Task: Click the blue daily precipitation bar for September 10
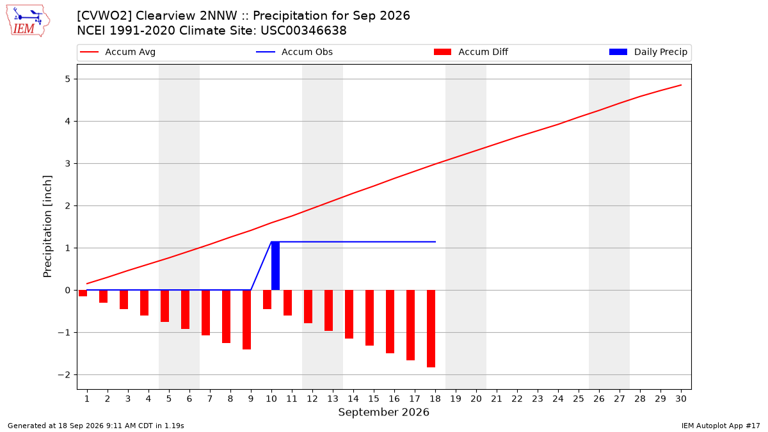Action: [x=275, y=266]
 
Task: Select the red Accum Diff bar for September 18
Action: [x=431, y=328]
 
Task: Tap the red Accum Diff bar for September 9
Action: [x=246, y=319]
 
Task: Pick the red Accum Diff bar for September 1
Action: [x=83, y=293]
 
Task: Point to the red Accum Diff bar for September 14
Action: [x=349, y=314]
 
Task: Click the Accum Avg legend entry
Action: [x=118, y=52]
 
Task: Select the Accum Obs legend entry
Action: [x=294, y=52]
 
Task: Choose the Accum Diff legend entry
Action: [x=471, y=52]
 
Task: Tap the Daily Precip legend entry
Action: [x=648, y=52]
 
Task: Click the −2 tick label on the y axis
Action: [x=64, y=375]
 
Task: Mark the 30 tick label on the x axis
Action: [x=681, y=399]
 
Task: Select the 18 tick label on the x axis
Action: [x=435, y=399]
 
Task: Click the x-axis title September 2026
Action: [x=383, y=412]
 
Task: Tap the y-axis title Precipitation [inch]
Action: [x=47, y=227]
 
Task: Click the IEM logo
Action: [x=28, y=21]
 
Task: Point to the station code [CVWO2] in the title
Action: [x=104, y=16]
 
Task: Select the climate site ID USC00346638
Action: [x=303, y=31]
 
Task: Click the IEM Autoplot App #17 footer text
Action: [x=721, y=426]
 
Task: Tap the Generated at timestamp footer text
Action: [x=96, y=426]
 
